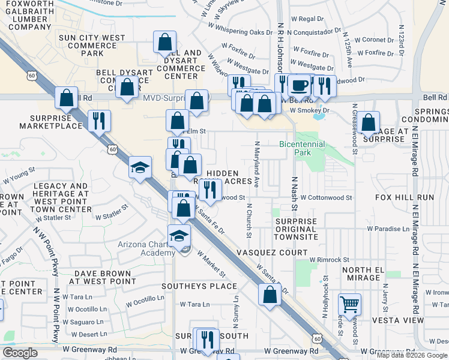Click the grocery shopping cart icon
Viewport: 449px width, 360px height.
[x=349, y=304]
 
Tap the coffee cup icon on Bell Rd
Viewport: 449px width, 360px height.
[x=298, y=85]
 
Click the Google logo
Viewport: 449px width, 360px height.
[x=20, y=353]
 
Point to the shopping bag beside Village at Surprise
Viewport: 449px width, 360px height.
[x=369, y=122]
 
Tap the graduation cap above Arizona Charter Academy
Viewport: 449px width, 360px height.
[x=179, y=236]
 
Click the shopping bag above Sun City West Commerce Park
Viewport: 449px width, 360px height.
[x=164, y=43]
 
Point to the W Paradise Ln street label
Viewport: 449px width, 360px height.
[x=388, y=229]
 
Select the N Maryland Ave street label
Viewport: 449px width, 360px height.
[x=257, y=164]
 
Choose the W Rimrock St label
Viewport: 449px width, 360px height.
[x=329, y=260]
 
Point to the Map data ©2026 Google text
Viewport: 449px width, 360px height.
[x=412, y=355]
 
